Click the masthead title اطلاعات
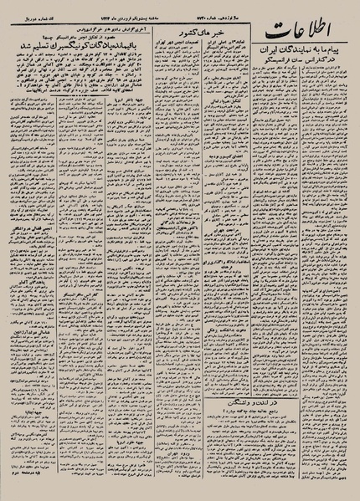310,34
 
